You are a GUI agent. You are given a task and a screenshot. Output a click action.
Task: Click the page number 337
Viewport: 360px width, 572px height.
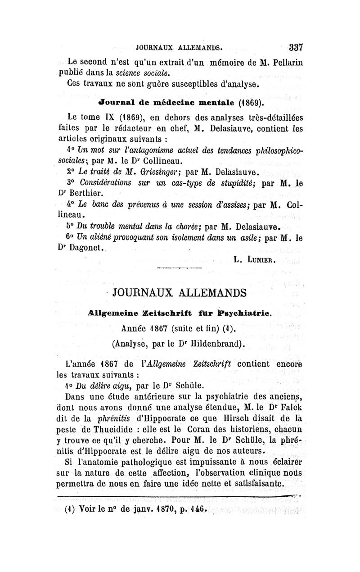(x=297, y=46)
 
